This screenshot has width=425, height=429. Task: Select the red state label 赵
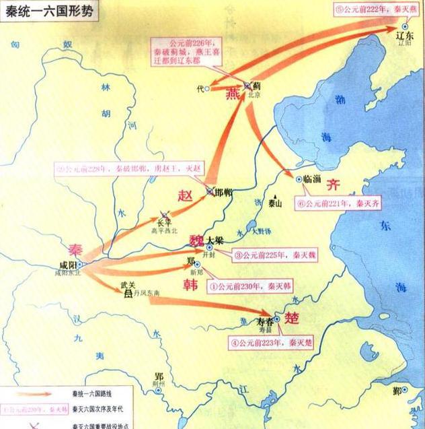pos(186,196)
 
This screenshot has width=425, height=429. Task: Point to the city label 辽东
pos(406,36)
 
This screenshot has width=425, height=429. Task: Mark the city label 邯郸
pos(223,193)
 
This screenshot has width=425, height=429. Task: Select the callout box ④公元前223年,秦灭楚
pos(268,340)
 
